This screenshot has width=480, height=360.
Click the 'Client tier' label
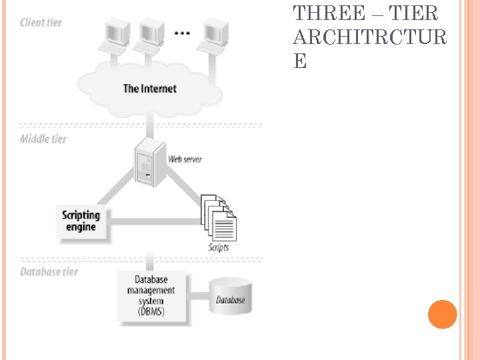coord(41,23)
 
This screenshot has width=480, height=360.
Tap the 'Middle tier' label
coord(43,139)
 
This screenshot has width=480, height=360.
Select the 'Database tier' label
coord(49,272)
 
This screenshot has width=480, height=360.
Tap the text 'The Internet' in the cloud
coord(149,88)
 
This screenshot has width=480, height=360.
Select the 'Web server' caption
coord(185,159)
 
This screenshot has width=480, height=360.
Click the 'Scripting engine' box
coord(81,221)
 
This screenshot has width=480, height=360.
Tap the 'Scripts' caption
coord(218,247)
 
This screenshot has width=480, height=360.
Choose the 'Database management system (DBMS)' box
coord(151,295)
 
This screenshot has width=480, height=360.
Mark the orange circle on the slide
coord(442,314)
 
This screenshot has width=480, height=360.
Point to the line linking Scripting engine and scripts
coord(153,217)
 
